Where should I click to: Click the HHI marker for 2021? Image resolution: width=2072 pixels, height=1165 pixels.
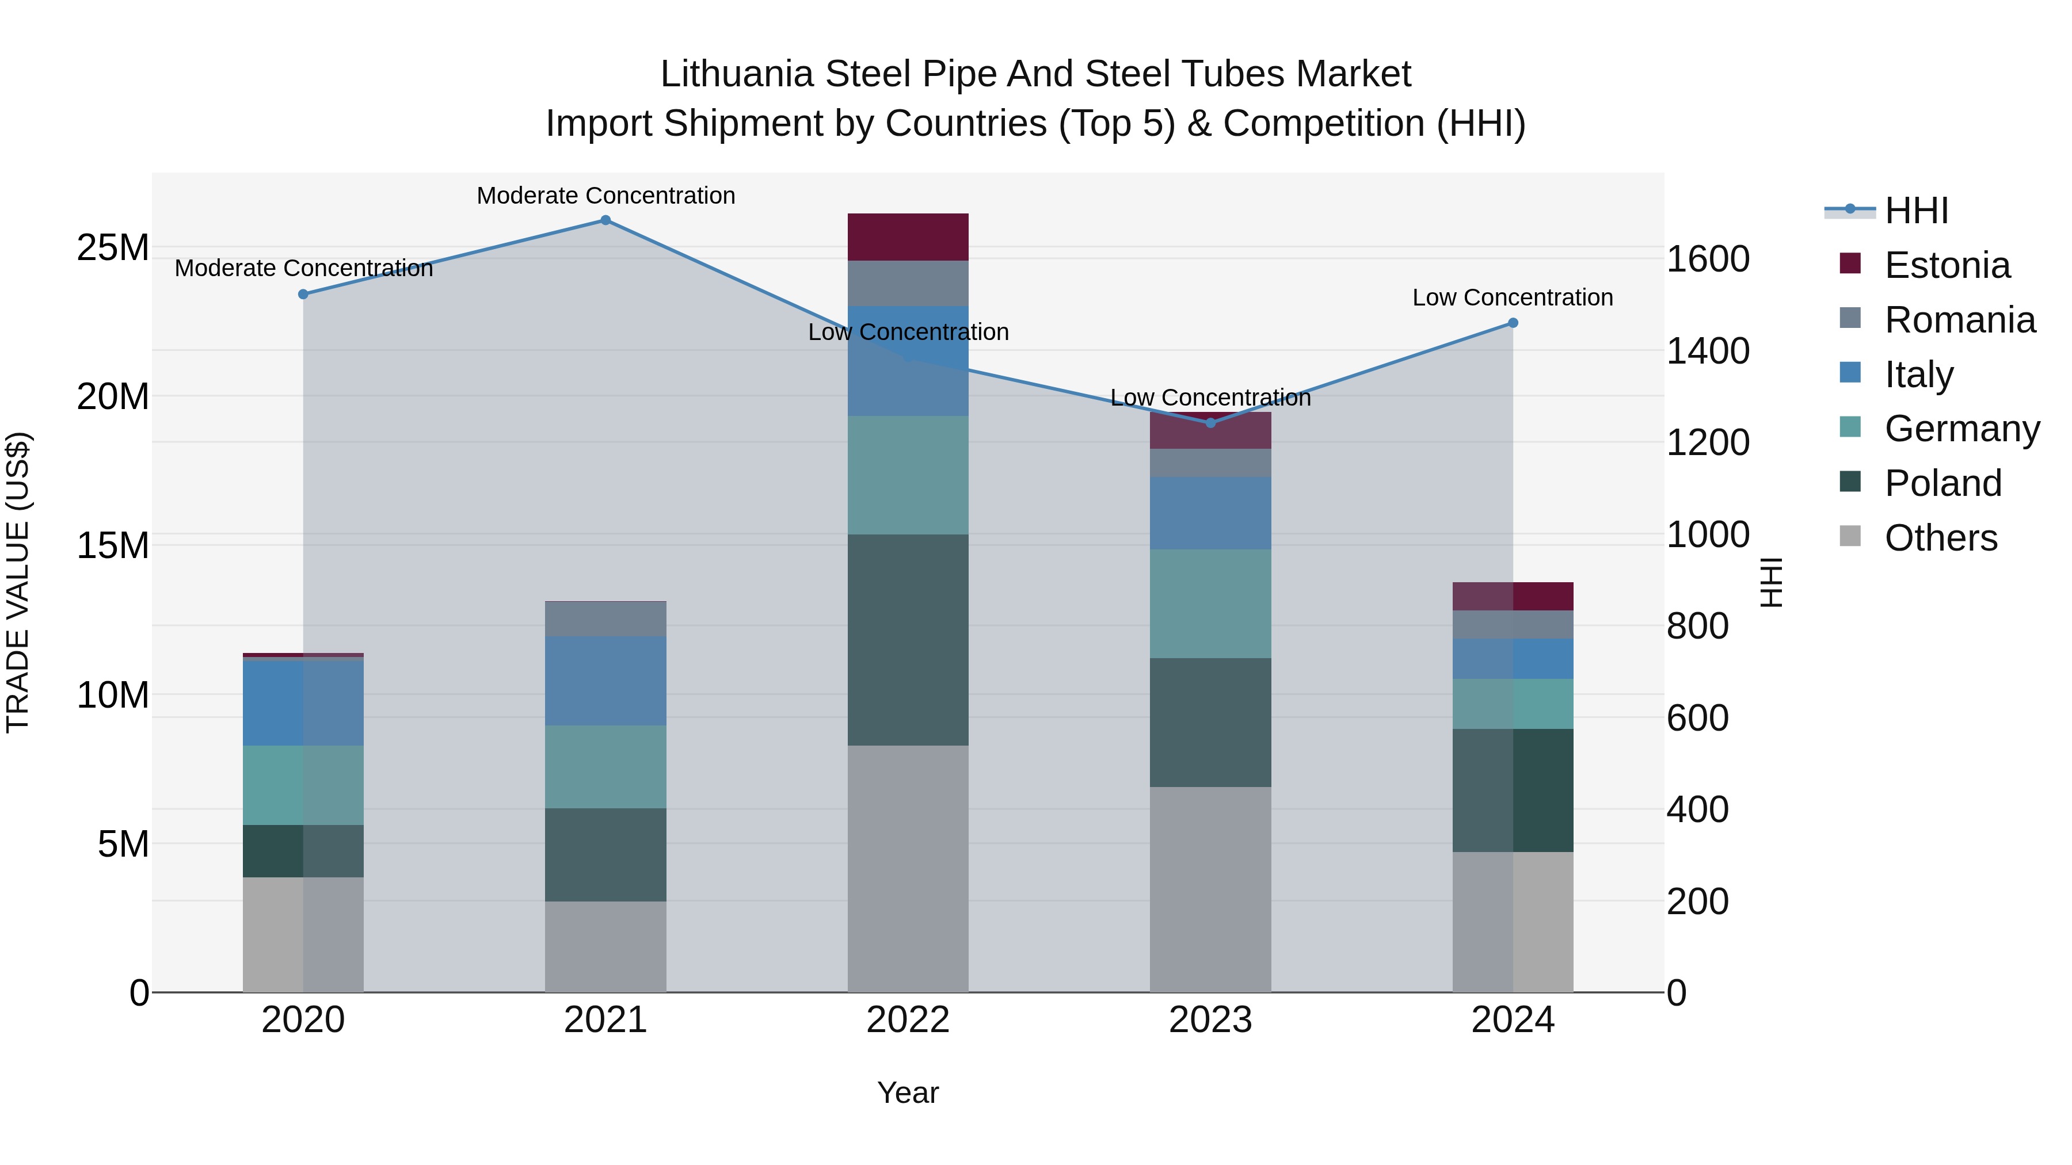point(605,220)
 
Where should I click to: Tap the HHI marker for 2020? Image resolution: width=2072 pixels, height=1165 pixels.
point(303,294)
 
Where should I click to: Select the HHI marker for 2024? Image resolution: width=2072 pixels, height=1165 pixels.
point(1512,323)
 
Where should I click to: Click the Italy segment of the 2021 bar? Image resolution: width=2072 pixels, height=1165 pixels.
point(605,681)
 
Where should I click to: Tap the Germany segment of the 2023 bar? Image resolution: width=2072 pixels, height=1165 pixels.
point(1210,604)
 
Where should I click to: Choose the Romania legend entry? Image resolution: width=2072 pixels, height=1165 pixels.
point(1959,320)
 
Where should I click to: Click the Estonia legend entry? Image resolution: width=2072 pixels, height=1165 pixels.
point(1947,265)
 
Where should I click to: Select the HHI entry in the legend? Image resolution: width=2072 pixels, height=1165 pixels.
point(1916,211)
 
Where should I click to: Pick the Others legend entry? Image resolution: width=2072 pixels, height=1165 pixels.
point(1940,538)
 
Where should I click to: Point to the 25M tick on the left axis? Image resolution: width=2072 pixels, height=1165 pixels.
point(113,247)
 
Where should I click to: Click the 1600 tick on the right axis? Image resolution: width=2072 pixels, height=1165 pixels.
point(1708,259)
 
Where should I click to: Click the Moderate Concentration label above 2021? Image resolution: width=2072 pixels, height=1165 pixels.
point(605,196)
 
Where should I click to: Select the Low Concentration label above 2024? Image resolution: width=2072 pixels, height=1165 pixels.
point(1512,297)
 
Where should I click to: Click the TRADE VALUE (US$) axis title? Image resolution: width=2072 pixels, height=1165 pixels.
point(18,582)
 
